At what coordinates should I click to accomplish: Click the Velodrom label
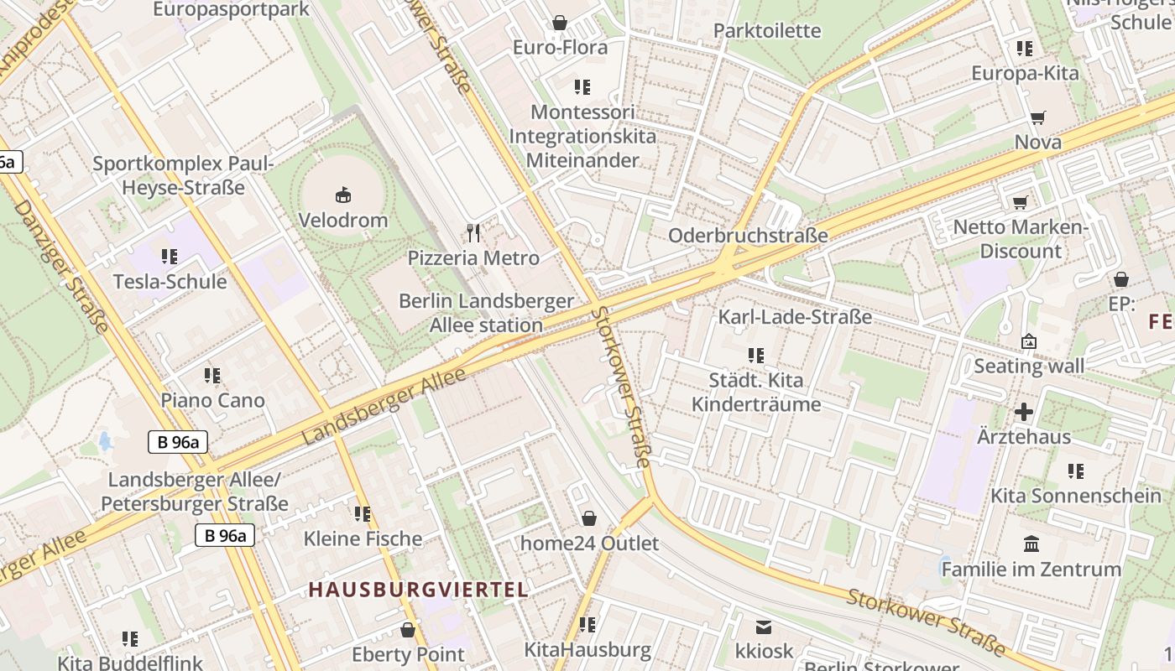coord(343,221)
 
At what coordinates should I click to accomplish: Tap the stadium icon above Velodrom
coord(343,195)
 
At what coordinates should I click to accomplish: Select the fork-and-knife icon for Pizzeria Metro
coord(473,233)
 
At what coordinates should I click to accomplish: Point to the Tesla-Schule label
coord(170,281)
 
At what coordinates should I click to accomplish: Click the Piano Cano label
coord(212,400)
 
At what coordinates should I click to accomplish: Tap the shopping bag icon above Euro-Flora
coord(560,23)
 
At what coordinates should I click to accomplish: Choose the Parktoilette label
coord(767,31)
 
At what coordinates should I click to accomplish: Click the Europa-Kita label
coord(1025,73)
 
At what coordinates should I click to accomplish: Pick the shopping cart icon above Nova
coord(1038,118)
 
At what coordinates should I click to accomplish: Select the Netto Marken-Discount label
coord(1021,239)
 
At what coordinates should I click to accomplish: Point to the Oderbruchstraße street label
coord(748,236)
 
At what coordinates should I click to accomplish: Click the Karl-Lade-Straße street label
coord(795,317)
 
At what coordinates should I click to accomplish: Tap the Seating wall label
coord(1029,366)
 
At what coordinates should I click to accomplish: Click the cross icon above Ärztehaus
coord(1024,412)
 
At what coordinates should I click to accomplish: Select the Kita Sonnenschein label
coord(1076,495)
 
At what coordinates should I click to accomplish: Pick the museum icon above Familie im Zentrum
coord(1031,544)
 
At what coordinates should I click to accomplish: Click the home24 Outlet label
coord(589,544)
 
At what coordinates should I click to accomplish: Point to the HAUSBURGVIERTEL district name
coord(418,590)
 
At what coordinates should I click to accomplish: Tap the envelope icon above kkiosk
coord(764,627)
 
